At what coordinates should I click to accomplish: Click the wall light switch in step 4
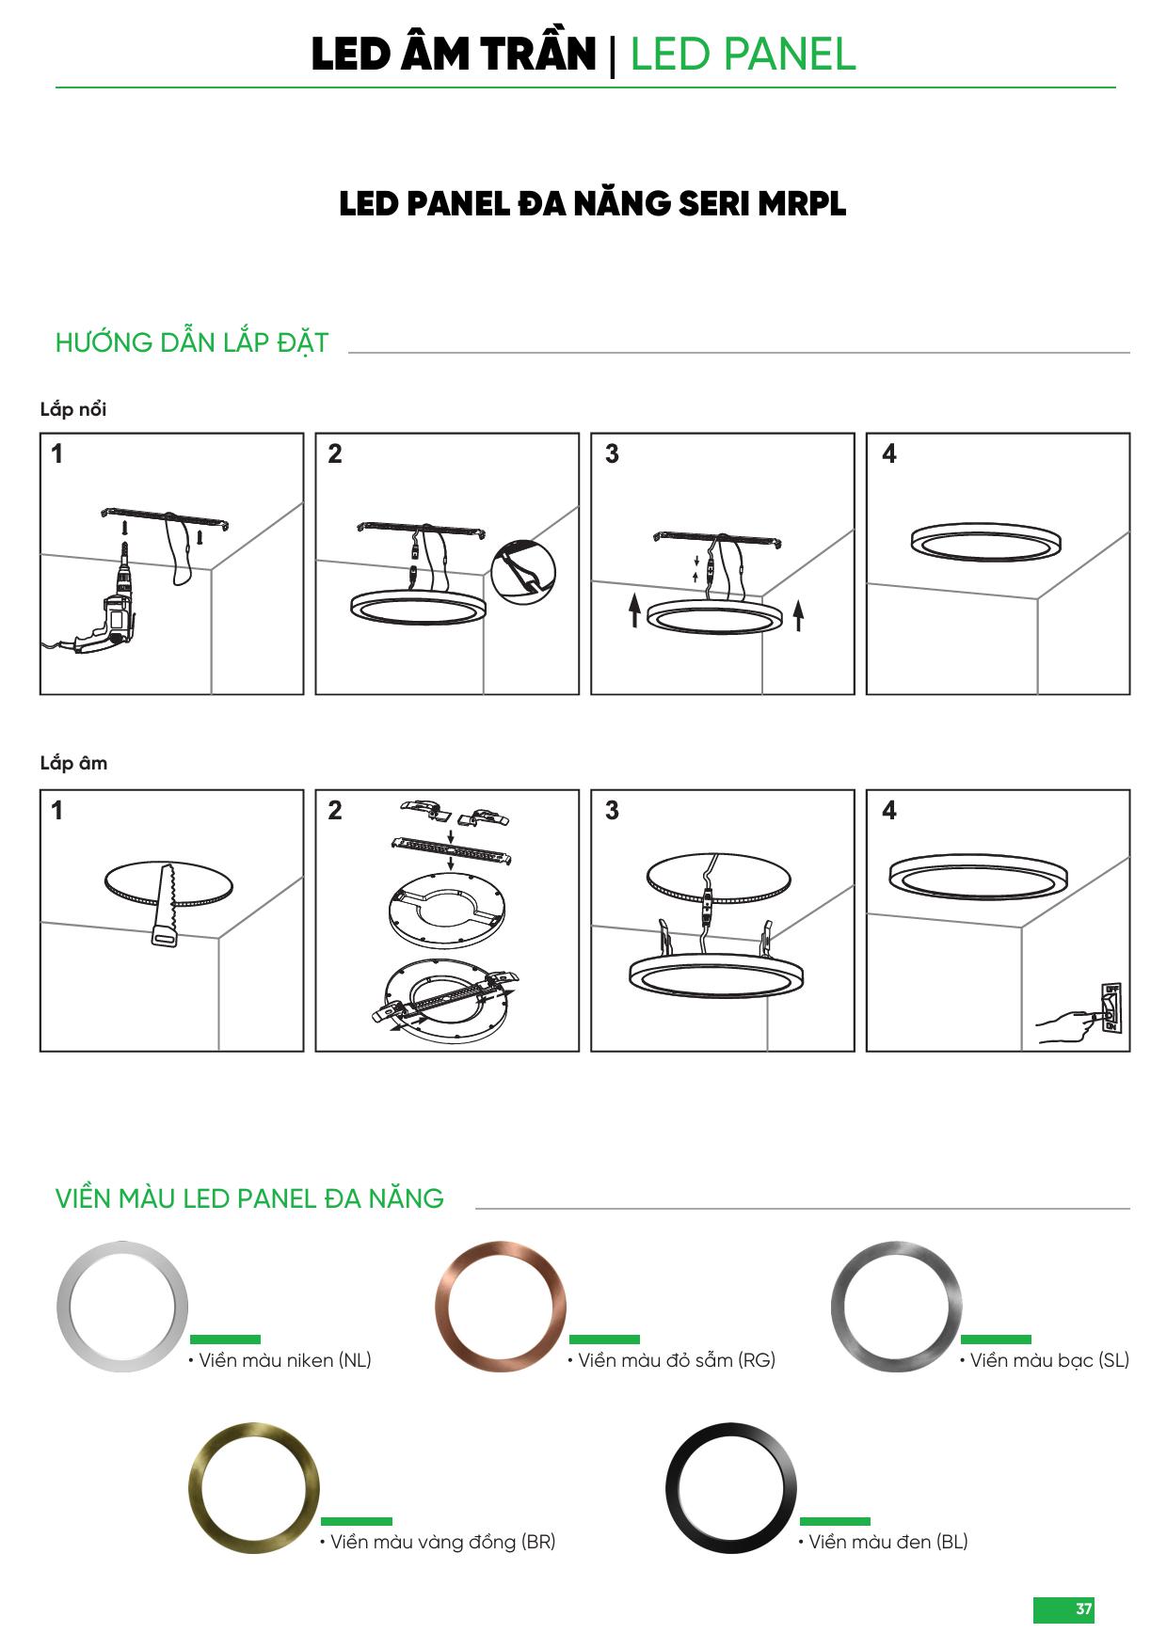click(x=1111, y=1008)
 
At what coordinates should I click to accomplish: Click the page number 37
click(x=1084, y=1609)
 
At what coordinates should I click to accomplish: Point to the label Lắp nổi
click(x=73, y=409)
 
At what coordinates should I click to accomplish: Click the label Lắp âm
click(x=73, y=763)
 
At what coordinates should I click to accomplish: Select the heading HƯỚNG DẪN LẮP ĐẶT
click(x=192, y=342)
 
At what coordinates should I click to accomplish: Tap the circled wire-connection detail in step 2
click(x=523, y=573)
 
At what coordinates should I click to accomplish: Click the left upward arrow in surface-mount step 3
click(x=635, y=611)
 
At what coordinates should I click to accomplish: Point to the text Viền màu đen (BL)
click(x=884, y=1542)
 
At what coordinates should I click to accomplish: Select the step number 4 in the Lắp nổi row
click(x=889, y=453)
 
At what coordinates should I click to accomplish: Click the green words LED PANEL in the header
click(x=743, y=55)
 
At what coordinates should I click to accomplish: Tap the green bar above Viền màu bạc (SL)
click(x=996, y=1340)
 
